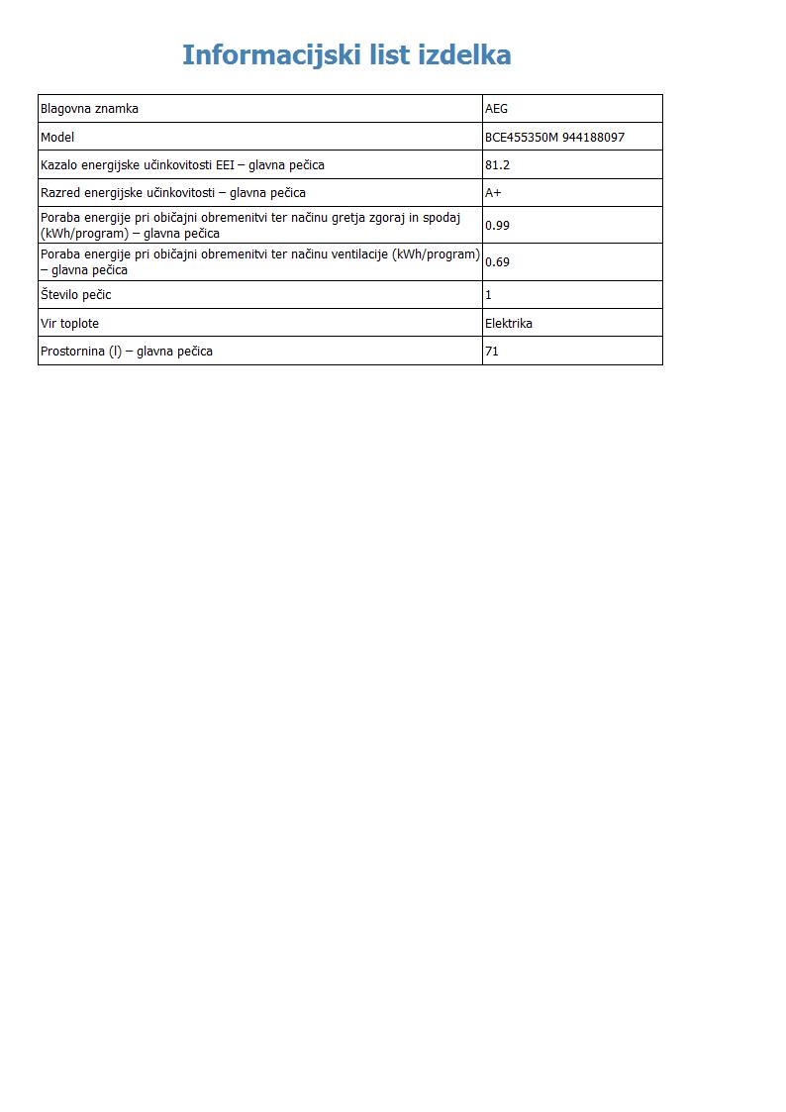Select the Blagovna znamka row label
click(89, 109)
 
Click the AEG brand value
click(496, 109)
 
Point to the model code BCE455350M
click(521, 138)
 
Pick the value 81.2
click(497, 165)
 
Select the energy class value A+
click(493, 193)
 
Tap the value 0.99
click(497, 225)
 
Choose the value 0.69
click(497, 262)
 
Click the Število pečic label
click(75, 295)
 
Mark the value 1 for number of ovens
click(488, 295)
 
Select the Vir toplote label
click(69, 323)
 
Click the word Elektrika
click(508, 323)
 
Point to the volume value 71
click(491, 351)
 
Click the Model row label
click(57, 138)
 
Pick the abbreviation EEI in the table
click(225, 165)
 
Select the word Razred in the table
click(59, 193)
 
